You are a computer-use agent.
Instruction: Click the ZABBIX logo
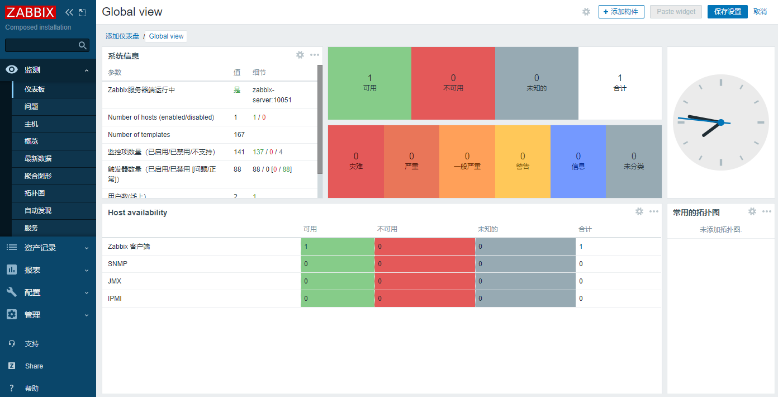31,12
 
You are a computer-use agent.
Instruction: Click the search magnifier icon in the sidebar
83,45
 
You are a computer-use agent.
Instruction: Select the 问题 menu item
31,107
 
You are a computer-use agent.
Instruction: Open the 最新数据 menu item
38,159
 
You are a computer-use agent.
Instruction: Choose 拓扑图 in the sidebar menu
35,193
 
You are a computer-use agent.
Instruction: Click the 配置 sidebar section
32,292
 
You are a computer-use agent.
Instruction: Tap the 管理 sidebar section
32,315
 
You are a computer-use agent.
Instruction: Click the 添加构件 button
621,12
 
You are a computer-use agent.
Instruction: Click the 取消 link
760,12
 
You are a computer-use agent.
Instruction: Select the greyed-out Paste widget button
676,12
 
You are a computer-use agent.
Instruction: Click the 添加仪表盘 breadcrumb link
122,36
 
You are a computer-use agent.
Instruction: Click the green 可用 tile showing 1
369,83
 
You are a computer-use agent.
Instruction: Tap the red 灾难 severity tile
356,161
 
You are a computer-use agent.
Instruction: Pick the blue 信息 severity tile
578,161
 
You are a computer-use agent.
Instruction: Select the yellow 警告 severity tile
523,161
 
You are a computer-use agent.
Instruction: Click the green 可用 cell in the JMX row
338,281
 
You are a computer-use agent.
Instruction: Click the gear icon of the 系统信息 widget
300,55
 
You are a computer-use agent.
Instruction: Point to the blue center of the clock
720,122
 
